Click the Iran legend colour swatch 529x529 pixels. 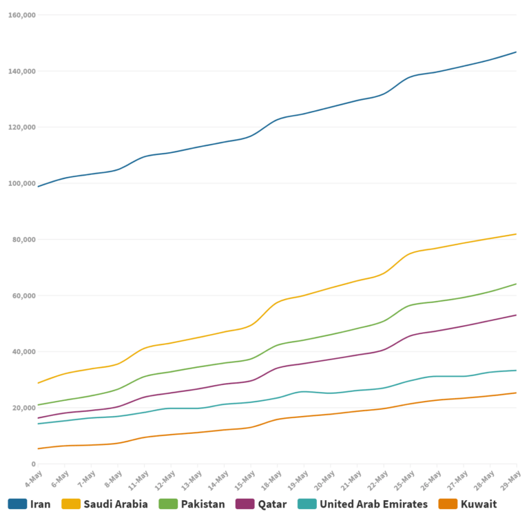click(x=17, y=504)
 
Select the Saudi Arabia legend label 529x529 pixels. click(x=115, y=504)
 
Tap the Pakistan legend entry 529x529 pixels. click(x=203, y=504)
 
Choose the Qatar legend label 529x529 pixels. click(x=272, y=504)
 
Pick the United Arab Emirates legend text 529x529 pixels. click(x=373, y=504)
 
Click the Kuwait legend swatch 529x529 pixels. click(x=447, y=504)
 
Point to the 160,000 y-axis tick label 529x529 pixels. click(x=22, y=14)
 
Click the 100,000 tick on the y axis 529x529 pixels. click(x=22, y=183)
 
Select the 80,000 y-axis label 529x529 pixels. click(x=24, y=240)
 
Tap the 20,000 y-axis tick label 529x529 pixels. click(x=24, y=408)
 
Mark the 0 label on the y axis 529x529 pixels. click(x=33, y=464)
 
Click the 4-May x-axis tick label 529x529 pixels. click(x=32, y=477)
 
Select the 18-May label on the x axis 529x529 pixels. click(x=273, y=478)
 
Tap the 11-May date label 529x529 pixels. click(x=139, y=478)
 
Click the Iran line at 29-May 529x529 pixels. click(x=517, y=52)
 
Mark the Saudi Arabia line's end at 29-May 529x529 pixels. click(x=517, y=234)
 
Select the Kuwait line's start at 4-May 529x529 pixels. click(x=38, y=448)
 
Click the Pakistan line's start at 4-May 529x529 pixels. click(x=38, y=405)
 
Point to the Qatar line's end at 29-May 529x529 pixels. click(x=517, y=315)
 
